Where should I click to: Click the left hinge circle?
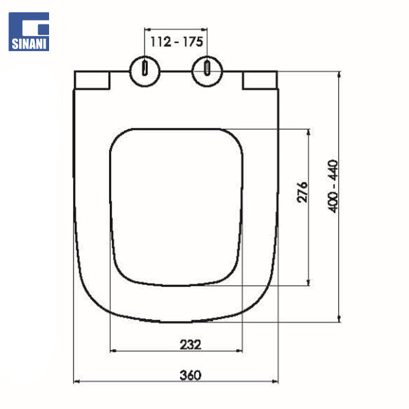(x=145, y=70)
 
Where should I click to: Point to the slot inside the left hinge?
(x=145, y=69)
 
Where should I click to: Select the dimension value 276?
(x=303, y=193)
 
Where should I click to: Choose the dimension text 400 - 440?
(x=333, y=186)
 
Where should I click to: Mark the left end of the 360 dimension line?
(x=74, y=382)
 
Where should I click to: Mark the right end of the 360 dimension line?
(x=279, y=382)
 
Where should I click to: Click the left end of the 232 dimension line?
(x=110, y=352)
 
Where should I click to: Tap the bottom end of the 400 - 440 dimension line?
(x=339, y=321)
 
